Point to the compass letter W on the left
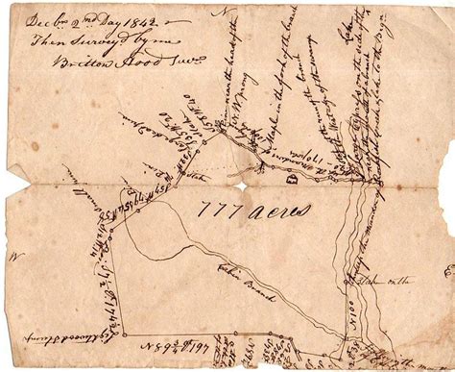(x=15, y=258)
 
